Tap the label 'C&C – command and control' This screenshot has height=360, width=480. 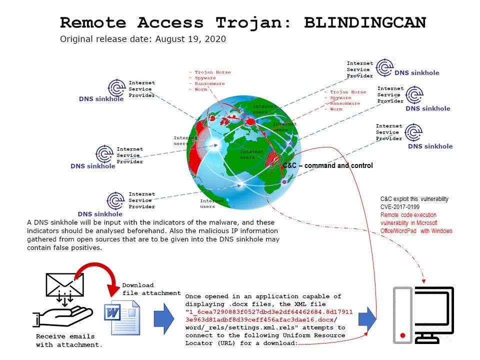tap(327, 165)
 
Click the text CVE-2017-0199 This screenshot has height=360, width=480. tap(400, 206)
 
